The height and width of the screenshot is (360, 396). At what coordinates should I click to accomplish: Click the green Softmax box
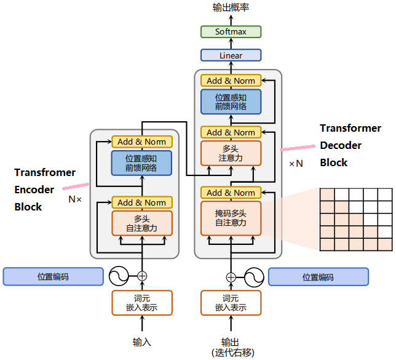[231, 31]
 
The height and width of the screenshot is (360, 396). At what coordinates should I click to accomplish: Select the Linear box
[231, 55]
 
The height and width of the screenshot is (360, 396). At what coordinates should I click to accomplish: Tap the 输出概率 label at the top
[231, 7]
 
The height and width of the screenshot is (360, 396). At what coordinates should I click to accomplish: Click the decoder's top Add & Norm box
[231, 81]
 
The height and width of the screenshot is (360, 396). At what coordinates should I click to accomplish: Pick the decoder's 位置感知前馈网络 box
[231, 102]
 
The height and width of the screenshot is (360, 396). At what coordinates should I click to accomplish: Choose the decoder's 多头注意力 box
[231, 153]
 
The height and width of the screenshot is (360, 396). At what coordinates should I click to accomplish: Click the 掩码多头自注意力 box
[231, 217]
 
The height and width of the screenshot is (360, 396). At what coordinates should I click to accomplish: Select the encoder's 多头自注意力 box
[141, 223]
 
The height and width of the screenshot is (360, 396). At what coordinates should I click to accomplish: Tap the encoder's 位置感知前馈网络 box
[141, 163]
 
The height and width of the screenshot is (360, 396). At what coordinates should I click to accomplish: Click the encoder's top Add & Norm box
[141, 142]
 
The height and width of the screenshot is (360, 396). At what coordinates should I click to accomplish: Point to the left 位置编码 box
[53, 277]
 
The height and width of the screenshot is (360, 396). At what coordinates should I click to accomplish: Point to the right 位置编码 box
[318, 277]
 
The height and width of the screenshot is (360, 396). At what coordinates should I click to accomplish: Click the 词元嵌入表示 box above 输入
[141, 303]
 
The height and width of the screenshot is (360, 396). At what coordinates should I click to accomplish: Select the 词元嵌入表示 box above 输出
[231, 303]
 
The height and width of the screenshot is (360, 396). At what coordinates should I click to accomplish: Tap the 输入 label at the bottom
[141, 342]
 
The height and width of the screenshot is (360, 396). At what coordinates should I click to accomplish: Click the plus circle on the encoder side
[142, 276]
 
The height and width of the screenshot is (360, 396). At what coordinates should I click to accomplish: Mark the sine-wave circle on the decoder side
[252, 276]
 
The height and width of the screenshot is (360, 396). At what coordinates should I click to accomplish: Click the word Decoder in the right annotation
[341, 146]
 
